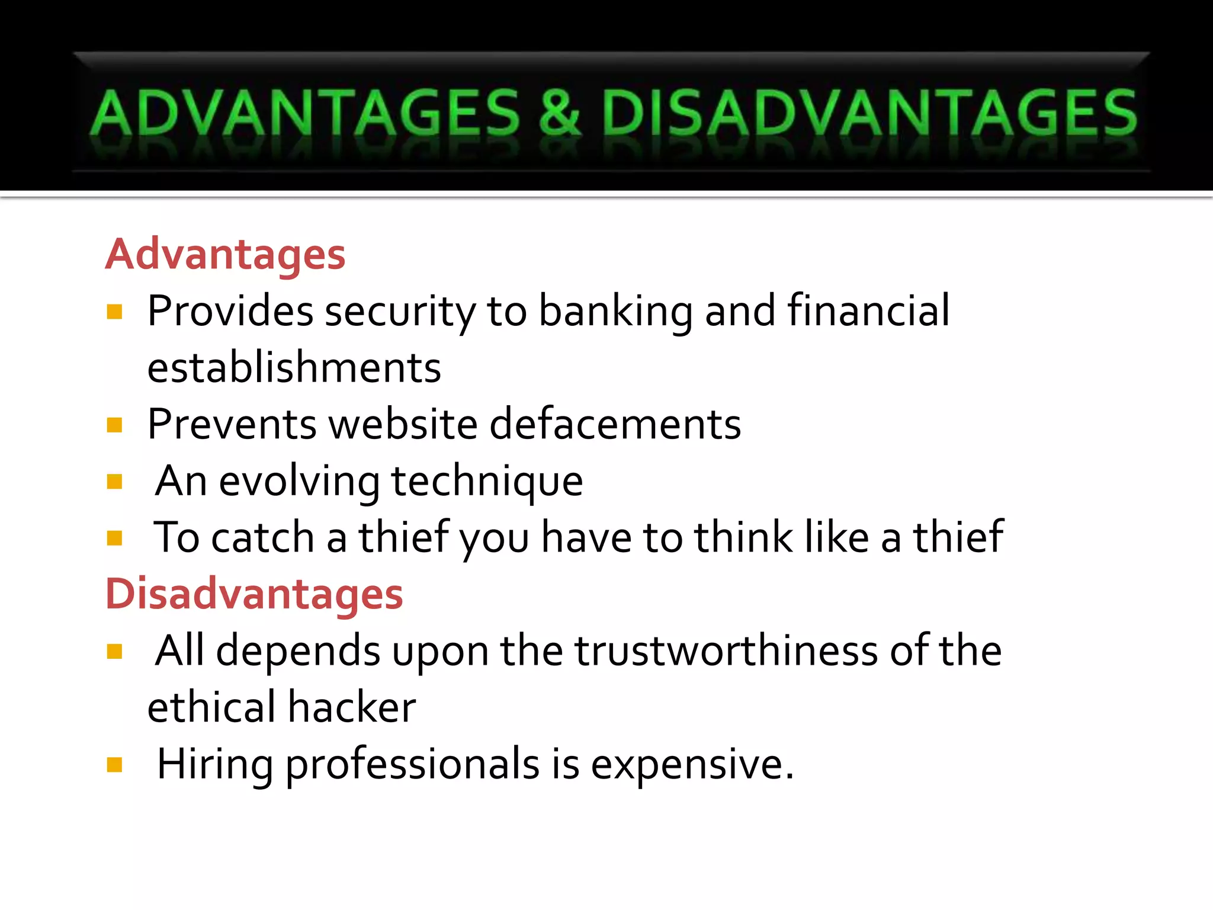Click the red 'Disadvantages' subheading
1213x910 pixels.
point(254,594)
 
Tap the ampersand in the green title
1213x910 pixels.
point(559,113)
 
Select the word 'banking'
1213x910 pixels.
point(615,312)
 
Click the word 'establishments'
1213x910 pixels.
point(294,367)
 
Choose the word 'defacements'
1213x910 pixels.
point(615,424)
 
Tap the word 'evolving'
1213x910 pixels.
point(299,481)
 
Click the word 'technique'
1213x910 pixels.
point(487,481)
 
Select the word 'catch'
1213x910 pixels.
point(262,538)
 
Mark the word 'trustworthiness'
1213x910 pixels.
point(726,651)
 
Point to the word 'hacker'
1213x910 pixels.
point(352,707)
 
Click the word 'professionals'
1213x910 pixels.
point(412,764)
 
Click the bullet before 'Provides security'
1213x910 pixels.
point(114,312)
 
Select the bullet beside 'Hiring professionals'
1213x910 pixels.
point(114,765)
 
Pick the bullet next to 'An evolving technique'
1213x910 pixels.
point(114,482)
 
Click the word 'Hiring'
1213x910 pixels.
point(214,764)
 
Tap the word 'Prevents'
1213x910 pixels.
point(232,424)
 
